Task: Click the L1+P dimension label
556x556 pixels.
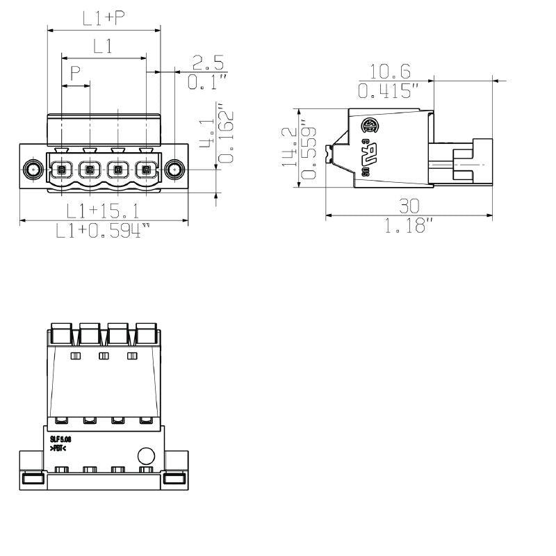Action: coord(104,19)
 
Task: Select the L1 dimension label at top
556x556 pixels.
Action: coord(104,47)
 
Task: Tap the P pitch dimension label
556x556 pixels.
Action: coord(75,73)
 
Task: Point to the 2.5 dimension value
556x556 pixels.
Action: coord(207,65)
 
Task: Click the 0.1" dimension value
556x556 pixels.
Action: coord(207,83)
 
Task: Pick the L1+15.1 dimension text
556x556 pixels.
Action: coord(103,211)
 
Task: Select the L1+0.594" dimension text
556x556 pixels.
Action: coord(103,231)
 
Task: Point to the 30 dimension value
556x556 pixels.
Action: coord(409,206)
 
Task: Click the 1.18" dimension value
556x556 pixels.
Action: coord(409,225)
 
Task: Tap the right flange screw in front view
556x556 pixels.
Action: coord(175,169)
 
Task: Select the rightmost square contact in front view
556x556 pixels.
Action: coord(146,169)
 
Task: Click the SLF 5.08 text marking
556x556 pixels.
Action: coord(60,439)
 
